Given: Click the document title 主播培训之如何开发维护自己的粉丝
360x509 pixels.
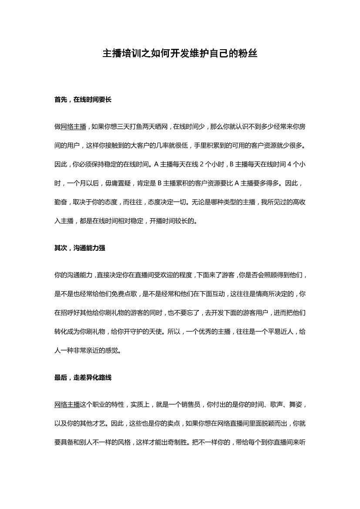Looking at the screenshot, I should point(180,54).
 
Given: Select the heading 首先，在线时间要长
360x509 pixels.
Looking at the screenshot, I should point(83,100).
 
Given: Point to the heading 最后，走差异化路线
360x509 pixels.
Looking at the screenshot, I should point(83,378).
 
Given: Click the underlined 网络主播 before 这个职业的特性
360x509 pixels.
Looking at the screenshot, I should point(67,405).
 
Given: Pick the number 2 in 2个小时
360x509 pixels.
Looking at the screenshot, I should point(201,164).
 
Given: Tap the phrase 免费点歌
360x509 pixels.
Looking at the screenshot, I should point(112,294).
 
